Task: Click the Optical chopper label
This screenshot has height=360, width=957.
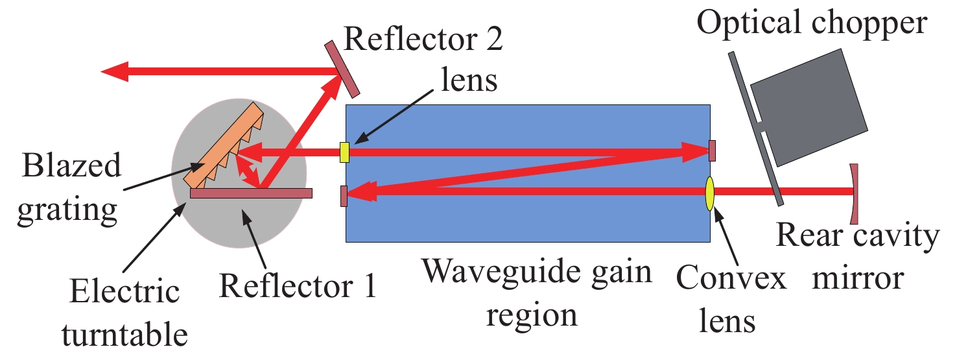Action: click(812, 23)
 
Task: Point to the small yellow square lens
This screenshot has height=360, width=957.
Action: click(344, 152)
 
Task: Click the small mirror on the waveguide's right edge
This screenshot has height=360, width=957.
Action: click(712, 150)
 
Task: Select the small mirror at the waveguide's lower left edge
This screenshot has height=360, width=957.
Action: click(344, 196)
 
